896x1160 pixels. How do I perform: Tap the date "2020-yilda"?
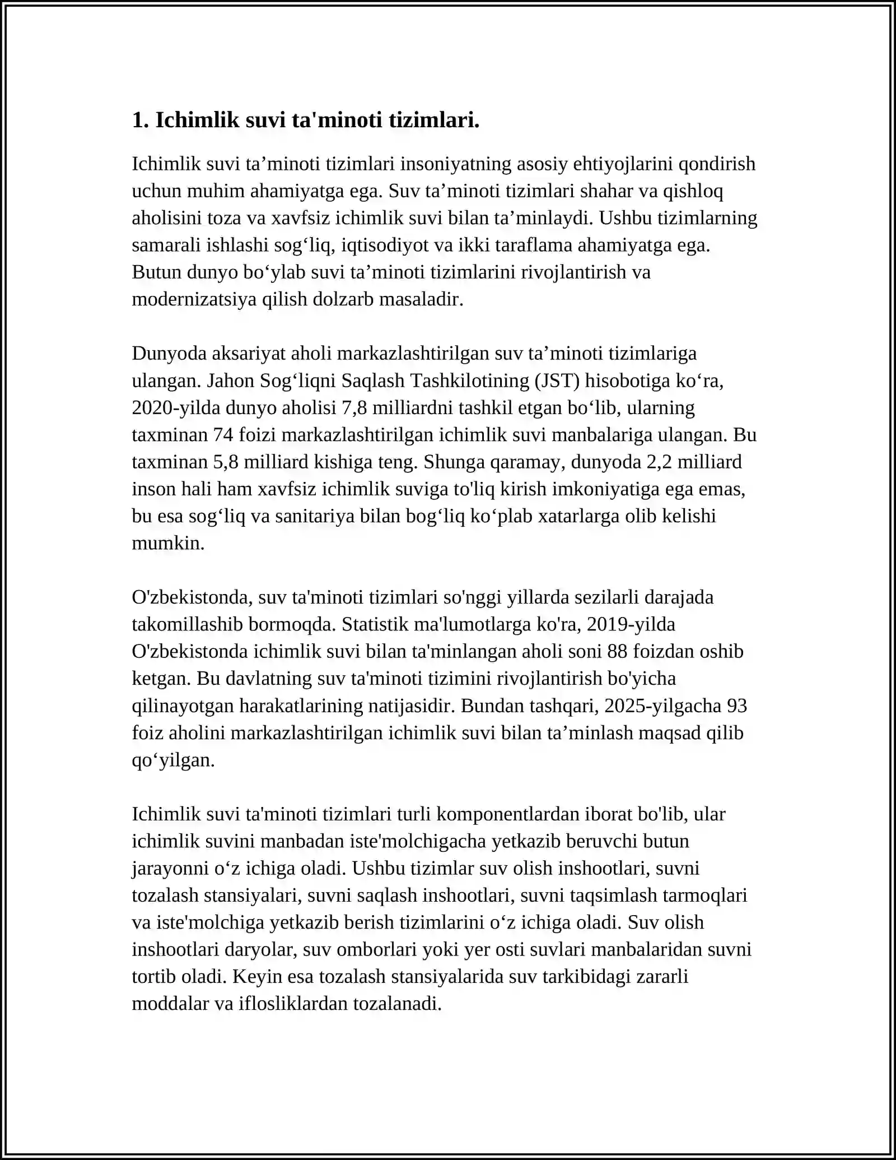[176, 408]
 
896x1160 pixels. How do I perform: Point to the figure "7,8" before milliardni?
[354, 408]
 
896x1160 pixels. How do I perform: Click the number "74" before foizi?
[224, 435]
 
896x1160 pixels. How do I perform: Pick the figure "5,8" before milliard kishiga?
[226, 462]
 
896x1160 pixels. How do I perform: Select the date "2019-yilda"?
[631, 624]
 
